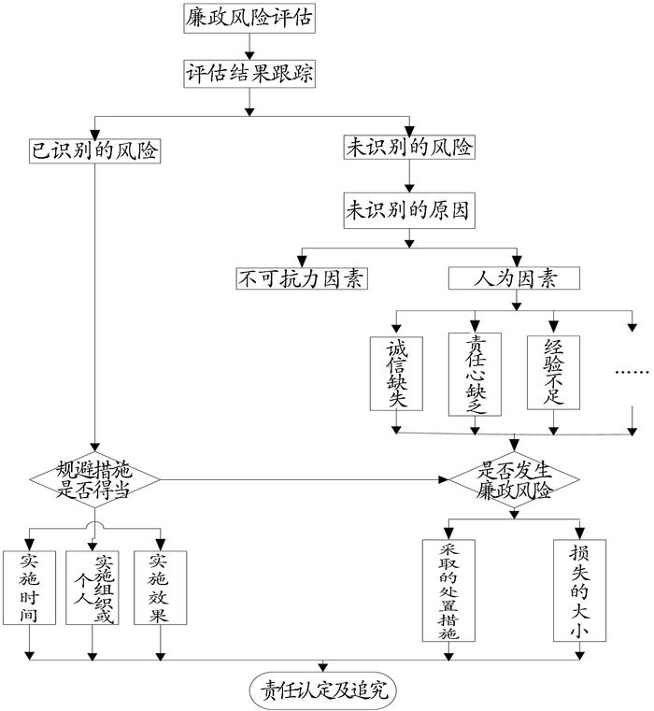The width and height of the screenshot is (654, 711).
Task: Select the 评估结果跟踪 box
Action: tap(249, 73)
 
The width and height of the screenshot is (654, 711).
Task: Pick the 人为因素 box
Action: tap(514, 277)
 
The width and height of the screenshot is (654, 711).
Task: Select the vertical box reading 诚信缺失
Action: tap(397, 372)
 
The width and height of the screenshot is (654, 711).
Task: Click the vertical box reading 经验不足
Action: tap(554, 372)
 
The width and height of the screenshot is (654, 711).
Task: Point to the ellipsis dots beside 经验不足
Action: tap(632, 372)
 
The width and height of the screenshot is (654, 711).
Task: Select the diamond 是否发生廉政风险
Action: tap(514, 478)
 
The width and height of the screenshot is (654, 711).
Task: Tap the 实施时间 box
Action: tap(30, 587)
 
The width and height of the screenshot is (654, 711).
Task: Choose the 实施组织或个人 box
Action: tap(92, 587)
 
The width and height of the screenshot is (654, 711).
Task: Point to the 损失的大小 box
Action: tap(579, 590)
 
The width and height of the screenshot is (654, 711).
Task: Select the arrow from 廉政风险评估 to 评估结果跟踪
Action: tap(249, 47)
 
